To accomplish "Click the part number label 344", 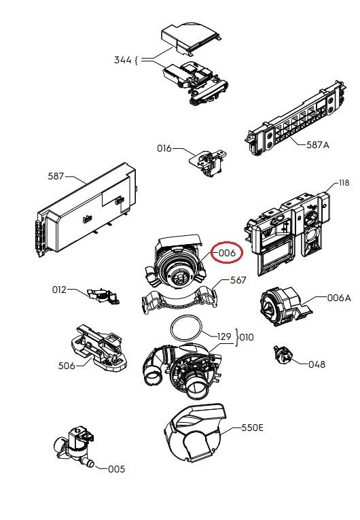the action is point(123,60).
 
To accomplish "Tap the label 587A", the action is point(318,145).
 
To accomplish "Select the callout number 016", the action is point(164,148).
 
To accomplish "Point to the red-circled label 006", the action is point(227,253).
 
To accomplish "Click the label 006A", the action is point(339,298).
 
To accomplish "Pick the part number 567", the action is point(238,280).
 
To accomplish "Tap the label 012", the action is point(59,290).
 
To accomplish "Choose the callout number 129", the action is point(224,336).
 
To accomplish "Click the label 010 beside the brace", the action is point(247,337).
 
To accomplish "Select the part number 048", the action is point(317,364).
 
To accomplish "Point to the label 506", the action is point(67,366).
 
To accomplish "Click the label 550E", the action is point(253,428).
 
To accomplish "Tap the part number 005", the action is point(117,469).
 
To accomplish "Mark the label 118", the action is point(344,183).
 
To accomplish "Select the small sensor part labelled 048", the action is point(283,355).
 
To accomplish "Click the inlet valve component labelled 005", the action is point(75,446).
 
